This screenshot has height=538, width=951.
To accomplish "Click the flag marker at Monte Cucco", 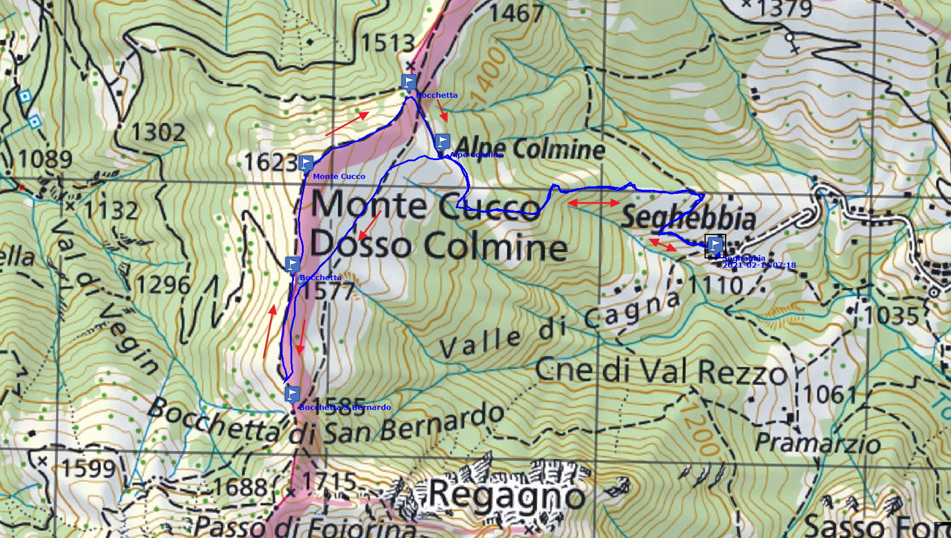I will pos(306,164).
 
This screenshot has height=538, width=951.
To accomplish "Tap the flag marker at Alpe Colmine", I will pos(442,142).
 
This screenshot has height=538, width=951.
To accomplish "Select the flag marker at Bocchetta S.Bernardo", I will pos(292,394).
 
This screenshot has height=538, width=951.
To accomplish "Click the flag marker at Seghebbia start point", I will pos(715,246).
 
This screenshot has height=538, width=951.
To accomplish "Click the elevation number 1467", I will pos(516,13).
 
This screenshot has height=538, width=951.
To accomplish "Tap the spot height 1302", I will pos(158,133).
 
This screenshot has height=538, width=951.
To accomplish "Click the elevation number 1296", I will pos(163,285).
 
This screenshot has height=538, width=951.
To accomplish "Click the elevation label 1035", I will pos(890,316).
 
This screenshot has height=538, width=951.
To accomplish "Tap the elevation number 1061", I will pos(829,394).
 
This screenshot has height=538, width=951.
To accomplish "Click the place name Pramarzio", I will pos(817,443).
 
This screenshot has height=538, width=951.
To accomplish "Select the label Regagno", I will pos(507,495).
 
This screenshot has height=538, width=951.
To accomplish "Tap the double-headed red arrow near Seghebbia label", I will pos(594,203).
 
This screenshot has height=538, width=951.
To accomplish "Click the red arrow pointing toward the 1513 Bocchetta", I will pos(347,124).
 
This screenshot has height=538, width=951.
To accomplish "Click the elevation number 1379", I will pos(784,9).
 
